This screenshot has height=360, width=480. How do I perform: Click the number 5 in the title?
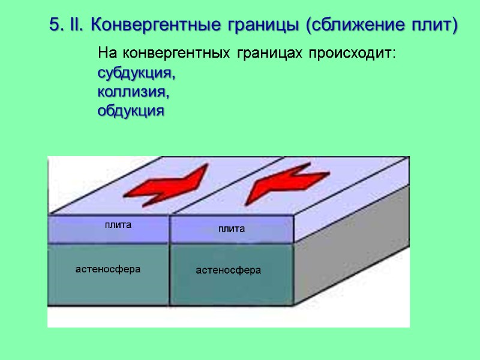[55, 25]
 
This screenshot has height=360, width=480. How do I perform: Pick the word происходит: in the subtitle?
[352, 54]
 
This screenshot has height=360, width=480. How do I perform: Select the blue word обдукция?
[130, 111]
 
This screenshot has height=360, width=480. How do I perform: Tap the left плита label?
[118, 225]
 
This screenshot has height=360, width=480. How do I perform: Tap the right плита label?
[231, 229]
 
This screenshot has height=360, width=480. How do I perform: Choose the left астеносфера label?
[108, 269]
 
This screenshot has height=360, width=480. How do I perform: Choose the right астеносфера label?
[229, 271]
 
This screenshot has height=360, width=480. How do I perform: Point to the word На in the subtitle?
[106, 54]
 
